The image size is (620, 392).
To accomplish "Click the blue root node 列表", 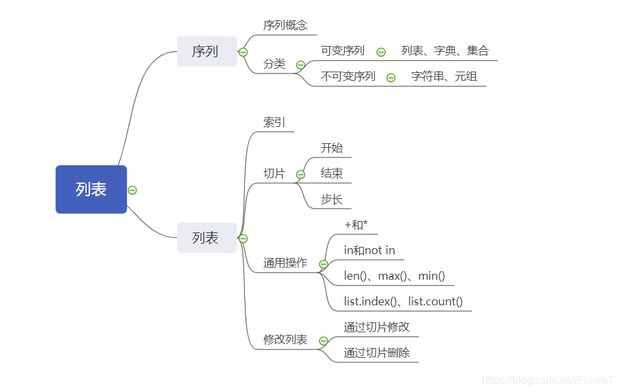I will (x=91, y=189).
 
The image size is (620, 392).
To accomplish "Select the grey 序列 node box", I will (x=206, y=51).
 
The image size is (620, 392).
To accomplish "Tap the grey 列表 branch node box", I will (x=206, y=238).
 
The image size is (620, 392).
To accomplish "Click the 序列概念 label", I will (x=285, y=26).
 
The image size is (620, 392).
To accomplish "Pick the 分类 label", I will (x=275, y=64).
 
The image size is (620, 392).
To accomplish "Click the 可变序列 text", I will (x=342, y=51).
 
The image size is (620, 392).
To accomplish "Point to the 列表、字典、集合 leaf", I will (x=445, y=51).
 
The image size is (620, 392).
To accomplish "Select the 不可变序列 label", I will (x=347, y=76).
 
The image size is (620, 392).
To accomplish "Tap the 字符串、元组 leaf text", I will (x=444, y=76).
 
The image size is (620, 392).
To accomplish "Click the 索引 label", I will (x=275, y=122).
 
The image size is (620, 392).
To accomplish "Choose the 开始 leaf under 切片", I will (x=332, y=148).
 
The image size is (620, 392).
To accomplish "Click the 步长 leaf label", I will (x=332, y=199).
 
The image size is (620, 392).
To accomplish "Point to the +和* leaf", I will (x=356, y=225).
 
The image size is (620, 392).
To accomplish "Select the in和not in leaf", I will (x=369, y=250).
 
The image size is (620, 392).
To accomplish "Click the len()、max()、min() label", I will (x=394, y=276).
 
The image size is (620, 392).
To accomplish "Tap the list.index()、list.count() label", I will (x=403, y=301).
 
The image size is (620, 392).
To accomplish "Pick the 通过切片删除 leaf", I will (x=376, y=353).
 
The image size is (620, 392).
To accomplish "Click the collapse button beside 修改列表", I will (x=323, y=341).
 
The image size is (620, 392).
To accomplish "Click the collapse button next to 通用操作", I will (x=323, y=264).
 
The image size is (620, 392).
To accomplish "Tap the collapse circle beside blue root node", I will (x=132, y=190).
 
